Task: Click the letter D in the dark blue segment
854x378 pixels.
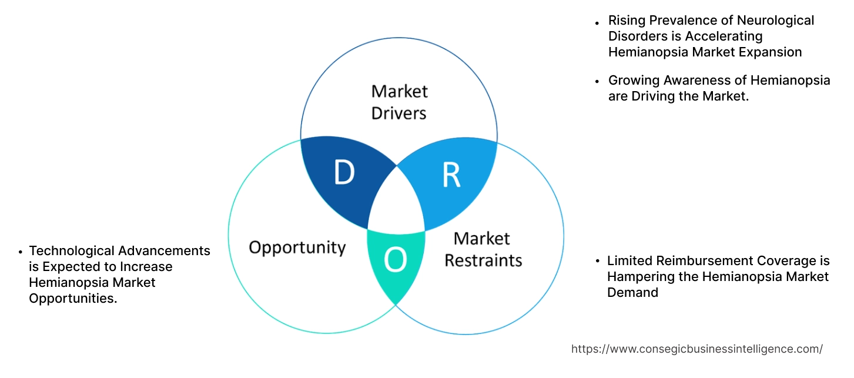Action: click(344, 173)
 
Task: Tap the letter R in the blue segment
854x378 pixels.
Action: click(451, 174)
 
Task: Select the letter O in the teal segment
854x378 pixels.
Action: click(396, 260)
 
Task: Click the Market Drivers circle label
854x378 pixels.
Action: click(399, 102)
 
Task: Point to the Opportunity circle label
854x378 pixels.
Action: click(297, 247)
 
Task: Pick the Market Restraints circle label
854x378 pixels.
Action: click(483, 249)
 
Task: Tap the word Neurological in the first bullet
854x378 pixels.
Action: click(776, 21)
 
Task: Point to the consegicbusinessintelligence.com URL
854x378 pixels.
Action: click(696, 349)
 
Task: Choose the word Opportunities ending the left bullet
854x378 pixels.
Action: click(72, 299)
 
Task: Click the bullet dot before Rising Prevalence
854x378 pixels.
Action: click(597, 22)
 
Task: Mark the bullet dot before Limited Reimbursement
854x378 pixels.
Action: click(597, 261)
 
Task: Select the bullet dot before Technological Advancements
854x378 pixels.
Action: click(20, 252)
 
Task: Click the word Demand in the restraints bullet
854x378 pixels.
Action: click(632, 292)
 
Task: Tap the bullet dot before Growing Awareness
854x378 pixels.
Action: click(597, 81)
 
